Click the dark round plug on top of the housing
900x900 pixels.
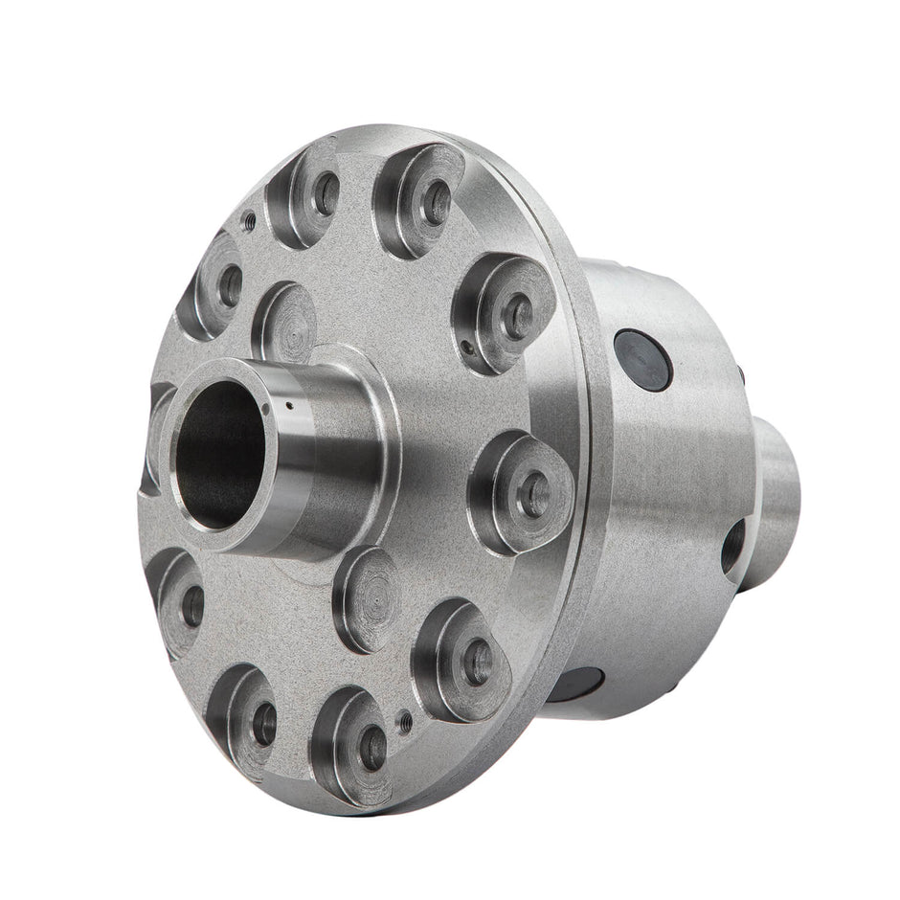pyautogui.click(x=642, y=359)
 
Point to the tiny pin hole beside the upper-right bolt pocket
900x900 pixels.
pyautogui.click(x=462, y=350)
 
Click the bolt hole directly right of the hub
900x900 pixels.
pyautogui.click(x=533, y=493)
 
